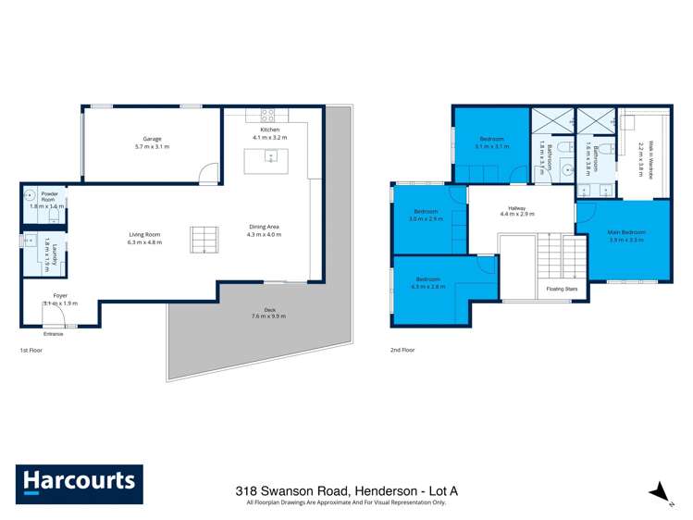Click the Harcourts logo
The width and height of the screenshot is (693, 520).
tap(79, 483)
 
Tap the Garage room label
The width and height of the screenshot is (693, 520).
tap(152, 138)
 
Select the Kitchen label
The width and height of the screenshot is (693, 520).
tap(270, 130)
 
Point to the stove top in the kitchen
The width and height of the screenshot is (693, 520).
tap(268, 116)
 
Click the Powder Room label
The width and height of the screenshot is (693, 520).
tap(49, 196)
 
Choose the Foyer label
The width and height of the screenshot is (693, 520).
tap(60, 295)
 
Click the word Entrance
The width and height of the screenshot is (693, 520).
tap(54, 333)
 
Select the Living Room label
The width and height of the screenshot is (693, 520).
tap(144, 235)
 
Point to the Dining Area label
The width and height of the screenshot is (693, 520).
tap(264, 227)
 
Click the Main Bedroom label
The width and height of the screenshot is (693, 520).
tap(625, 231)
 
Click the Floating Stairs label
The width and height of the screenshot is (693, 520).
tap(562, 290)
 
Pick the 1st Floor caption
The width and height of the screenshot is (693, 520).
tap(31, 351)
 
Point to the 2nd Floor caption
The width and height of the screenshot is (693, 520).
tap(402, 351)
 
